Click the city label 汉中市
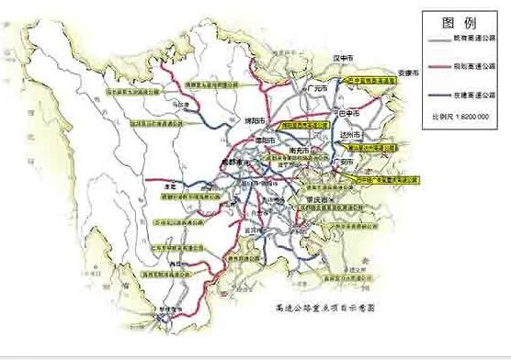pos(342,58)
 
